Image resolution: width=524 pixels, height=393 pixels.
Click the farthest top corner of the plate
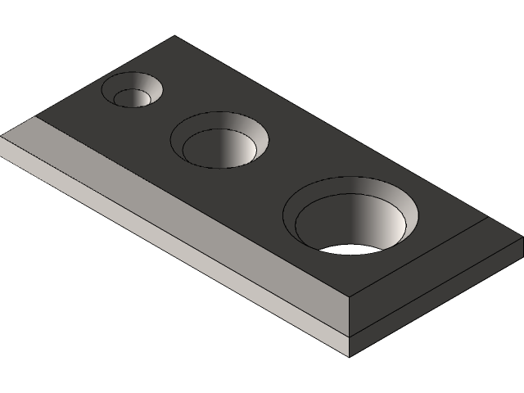[x=174, y=36]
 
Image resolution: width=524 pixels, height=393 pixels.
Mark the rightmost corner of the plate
[x=522, y=238]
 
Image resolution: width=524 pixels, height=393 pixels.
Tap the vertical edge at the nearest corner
[x=350, y=327]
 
